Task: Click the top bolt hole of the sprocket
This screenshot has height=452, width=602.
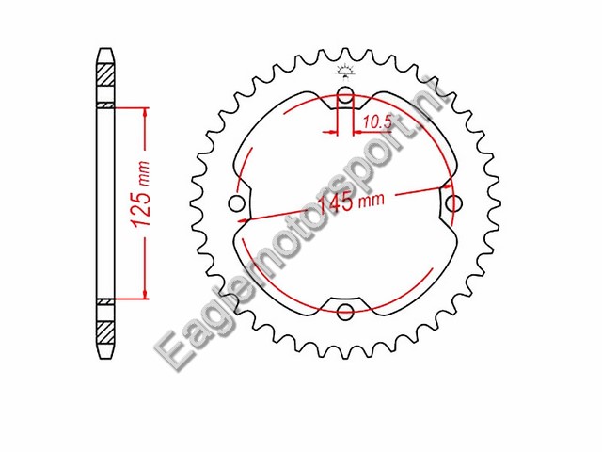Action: point(345,94)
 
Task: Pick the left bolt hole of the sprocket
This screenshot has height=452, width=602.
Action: point(235,203)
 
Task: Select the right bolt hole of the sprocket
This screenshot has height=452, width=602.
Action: point(454,202)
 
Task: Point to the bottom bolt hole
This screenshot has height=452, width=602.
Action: point(344,312)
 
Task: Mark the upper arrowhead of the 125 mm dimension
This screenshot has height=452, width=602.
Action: point(145,112)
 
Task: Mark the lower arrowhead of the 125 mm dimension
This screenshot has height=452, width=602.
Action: point(145,293)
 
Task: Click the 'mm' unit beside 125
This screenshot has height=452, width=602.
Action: point(144,170)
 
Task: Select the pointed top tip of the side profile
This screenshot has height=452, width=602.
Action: point(106,49)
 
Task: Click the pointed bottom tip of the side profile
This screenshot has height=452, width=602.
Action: point(106,359)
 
